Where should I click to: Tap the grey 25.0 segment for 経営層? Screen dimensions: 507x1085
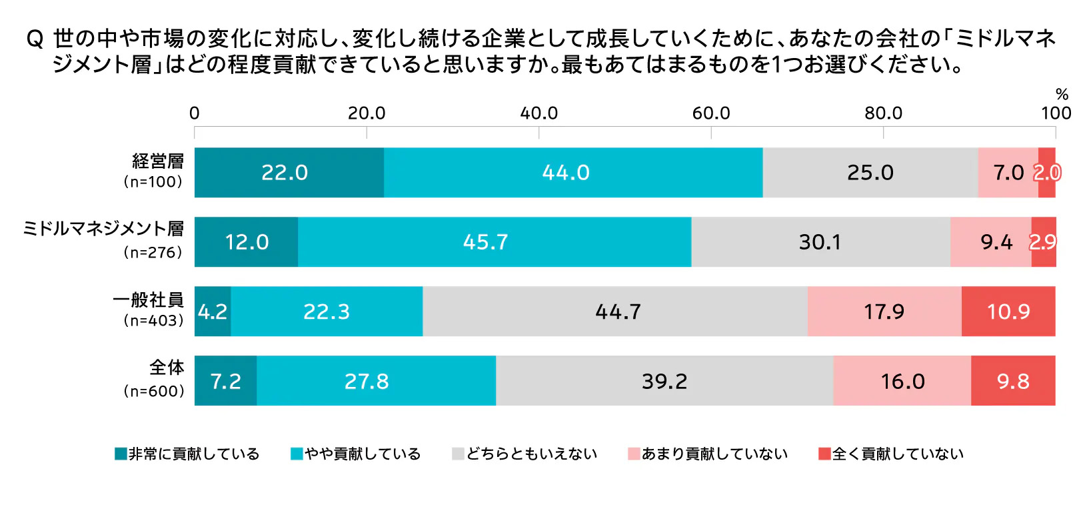870,173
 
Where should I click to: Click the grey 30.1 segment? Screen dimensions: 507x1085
820,242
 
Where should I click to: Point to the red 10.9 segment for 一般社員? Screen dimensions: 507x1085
1008,312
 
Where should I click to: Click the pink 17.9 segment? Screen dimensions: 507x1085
884,312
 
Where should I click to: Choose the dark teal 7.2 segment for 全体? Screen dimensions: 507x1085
225,381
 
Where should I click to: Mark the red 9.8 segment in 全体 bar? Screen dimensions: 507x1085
1013,381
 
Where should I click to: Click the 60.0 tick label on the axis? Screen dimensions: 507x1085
710,113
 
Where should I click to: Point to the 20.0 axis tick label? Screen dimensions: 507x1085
366,113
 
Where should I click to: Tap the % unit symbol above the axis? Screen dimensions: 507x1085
1062,94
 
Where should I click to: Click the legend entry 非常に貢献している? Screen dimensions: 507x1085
187,454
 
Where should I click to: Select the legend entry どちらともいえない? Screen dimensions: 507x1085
525,454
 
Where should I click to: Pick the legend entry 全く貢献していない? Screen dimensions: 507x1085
891,454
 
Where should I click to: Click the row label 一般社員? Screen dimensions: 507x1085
148,300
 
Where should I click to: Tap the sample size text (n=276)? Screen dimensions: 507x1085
153,253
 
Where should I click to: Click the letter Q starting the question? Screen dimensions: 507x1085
35,39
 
